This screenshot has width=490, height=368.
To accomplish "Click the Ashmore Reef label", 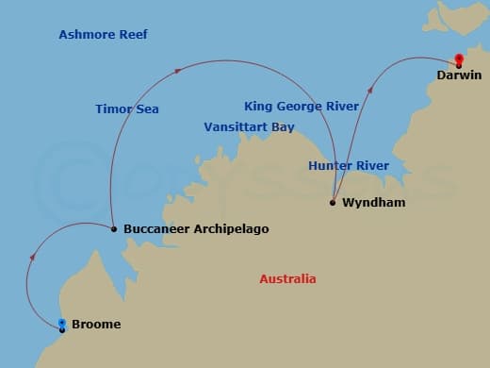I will pyautogui.click(x=103, y=35).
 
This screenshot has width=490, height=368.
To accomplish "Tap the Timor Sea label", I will pyautogui.click(x=126, y=109).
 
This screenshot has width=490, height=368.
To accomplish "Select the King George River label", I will pyautogui.click(x=301, y=107).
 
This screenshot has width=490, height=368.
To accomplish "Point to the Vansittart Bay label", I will pyautogui.click(x=249, y=127).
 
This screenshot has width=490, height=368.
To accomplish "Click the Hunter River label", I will pyautogui.click(x=348, y=166).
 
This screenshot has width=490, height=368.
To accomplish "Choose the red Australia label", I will pyautogui.click(x=287, y=279).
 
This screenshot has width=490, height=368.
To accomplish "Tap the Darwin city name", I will pyautogui.click(x=459, y=75).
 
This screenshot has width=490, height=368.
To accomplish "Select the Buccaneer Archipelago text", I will pyautogui.click(x=195, y=229).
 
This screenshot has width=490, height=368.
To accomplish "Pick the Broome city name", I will pyautogui.click(x=96, y=325).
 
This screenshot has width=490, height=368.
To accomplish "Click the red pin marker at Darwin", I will pyautogui.click(x=459, y=59).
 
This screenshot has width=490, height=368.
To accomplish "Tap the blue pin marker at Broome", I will pyautogui.click(x=62, y=325).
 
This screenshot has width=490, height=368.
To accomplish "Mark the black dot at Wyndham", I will pyautogui.click(x=334, y=202).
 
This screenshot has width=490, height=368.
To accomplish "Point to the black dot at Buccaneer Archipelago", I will pyautogui.click(x=113, y=228).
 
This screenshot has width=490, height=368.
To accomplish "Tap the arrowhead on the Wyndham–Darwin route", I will pyautogui.click(x=371, y=89).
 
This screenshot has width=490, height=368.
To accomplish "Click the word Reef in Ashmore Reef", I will pyautogui.click(x=133, y=35).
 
